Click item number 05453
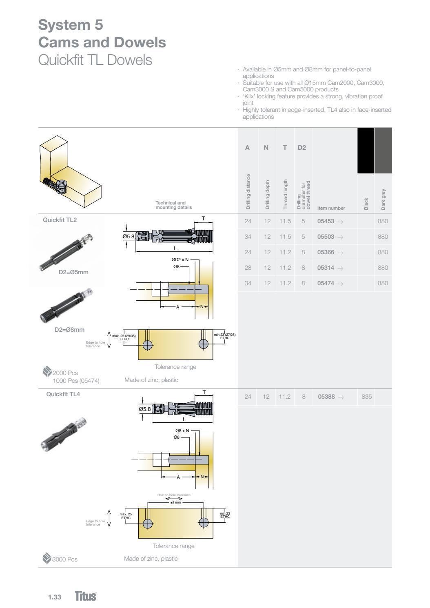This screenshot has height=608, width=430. (x=326, y=221)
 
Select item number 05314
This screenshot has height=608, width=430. (x=326, y=268)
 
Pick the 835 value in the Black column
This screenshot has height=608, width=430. (x=366, y=397)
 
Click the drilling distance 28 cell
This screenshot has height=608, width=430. (x=248, y=268)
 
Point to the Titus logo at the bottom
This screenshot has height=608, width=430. (x=86, y=596)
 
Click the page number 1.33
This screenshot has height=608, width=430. (x=54, y=597)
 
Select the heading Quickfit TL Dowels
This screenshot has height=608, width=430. (x=95, y=60)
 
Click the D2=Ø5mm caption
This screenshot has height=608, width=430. (x=73, y=272)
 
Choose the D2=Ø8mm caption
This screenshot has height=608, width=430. (x=69, y=330)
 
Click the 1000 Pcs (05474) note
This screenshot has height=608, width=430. (x=76, y=381)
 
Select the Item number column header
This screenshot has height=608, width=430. (x=331, y=208)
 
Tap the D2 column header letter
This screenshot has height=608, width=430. (x=301, y=148)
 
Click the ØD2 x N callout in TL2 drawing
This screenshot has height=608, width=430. (x=180, y=260)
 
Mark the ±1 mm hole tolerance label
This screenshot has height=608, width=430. (x=175, y=502)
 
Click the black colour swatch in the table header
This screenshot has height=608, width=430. (x=366, y=151)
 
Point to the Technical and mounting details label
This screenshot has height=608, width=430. (x=173, y=205)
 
